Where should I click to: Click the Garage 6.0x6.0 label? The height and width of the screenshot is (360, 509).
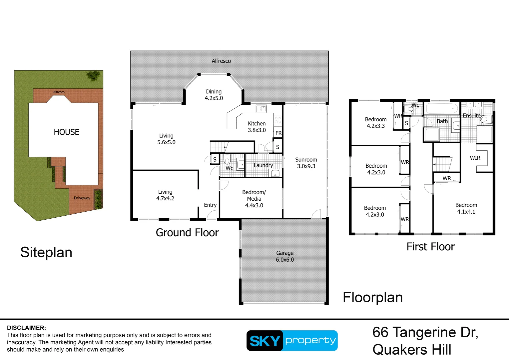pos(285,256)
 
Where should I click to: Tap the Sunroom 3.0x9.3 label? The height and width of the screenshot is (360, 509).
pos(306,163)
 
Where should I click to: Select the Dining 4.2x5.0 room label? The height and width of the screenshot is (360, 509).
pos(214,95)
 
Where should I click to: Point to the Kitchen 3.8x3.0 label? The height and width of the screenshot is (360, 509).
pos(257,127)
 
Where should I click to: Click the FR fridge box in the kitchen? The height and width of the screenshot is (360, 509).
pos(278,133)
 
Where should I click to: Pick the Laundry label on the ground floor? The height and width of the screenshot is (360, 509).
pos(263,165)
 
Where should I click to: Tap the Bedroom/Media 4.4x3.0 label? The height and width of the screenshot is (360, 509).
pos(254,199)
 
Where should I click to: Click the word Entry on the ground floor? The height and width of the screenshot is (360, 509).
pos(210,205)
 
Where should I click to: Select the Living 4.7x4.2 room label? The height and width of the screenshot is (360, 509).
pos(165,195)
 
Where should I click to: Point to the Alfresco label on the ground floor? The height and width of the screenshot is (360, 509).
pos(221,61)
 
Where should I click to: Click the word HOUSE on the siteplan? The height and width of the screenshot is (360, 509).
pos(67,132)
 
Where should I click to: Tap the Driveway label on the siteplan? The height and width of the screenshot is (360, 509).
pos(82,198)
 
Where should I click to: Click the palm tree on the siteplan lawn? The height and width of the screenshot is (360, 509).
pos(93,76)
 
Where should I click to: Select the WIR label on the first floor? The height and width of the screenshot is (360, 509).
pos(475,158)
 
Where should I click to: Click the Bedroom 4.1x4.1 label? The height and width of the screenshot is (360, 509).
pos(466,208)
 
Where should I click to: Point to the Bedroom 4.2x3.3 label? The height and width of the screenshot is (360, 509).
pos(376,123)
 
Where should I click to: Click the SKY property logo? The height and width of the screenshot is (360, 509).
pos(292,341)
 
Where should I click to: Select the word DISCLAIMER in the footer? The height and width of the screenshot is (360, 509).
pos(27,328)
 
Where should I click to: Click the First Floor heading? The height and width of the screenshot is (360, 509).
pos(430,247)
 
